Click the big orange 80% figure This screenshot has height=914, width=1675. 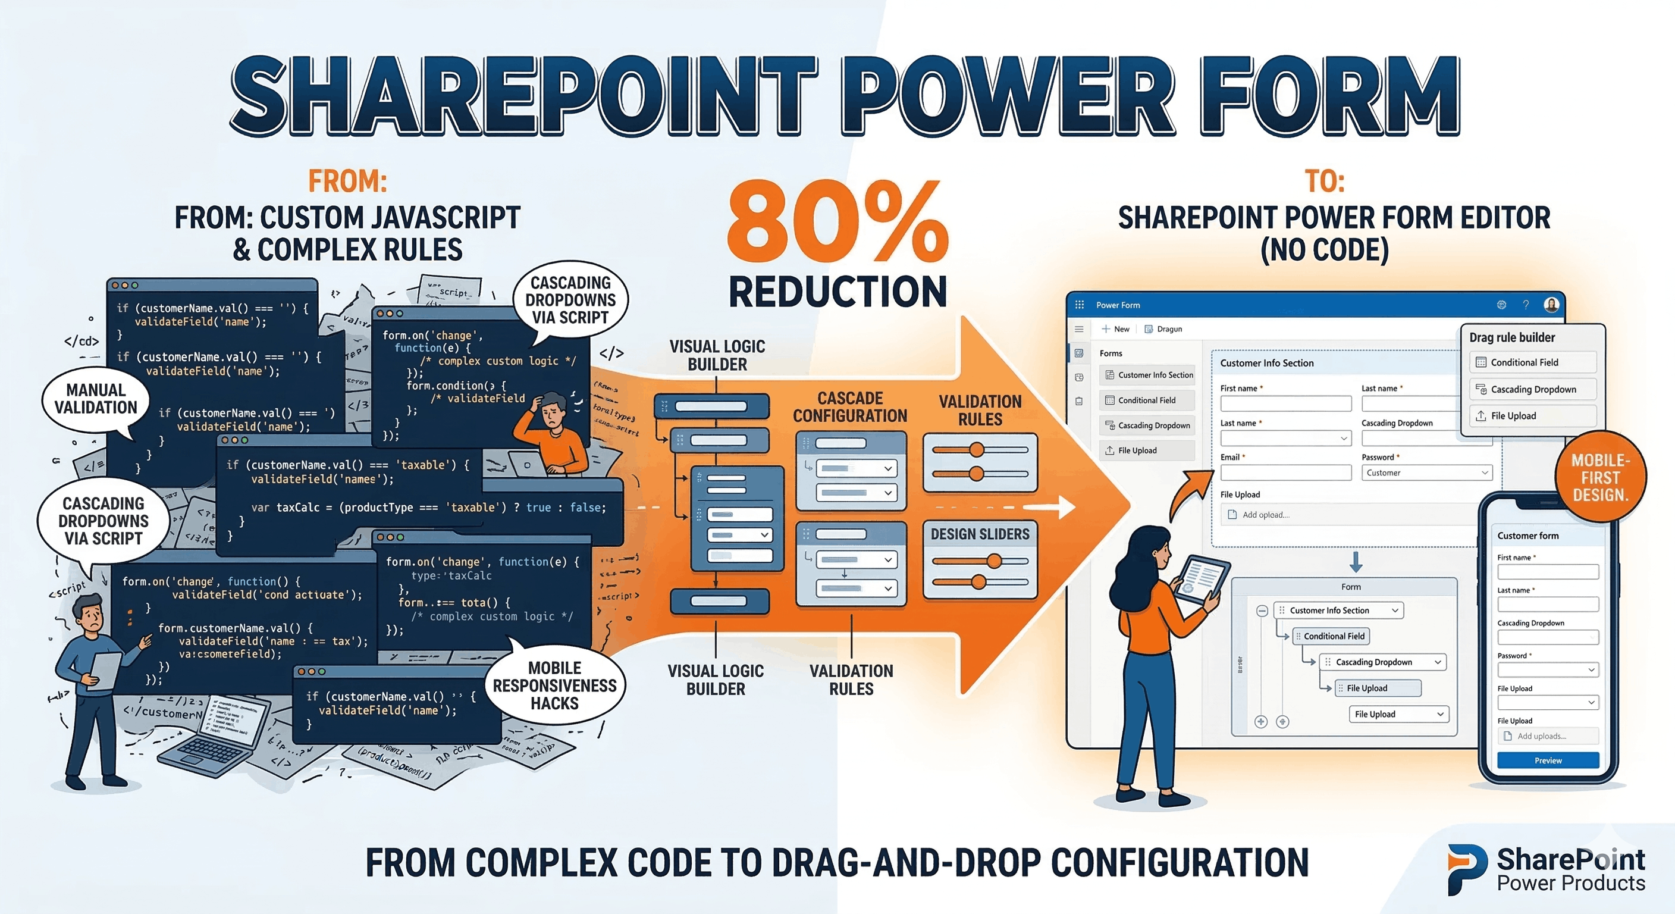[x=837, y=223]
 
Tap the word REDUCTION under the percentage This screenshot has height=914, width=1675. [x=837, y=292]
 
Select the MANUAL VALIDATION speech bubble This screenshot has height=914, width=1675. [x=96, y=399]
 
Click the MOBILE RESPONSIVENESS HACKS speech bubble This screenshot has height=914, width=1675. [x=554, y=685]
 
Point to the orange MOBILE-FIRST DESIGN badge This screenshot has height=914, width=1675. [x=1600, y=477]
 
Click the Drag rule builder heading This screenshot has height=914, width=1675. [x=1512, y=337]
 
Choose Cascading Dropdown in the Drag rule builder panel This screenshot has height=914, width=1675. [x=1533, y=389]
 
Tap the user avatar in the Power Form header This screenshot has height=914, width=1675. [x=1551, y=305]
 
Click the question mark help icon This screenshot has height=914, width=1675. [x=1526, y=305]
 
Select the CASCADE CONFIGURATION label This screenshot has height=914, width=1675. [x=850, y=406]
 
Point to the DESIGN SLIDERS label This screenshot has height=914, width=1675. [x=980, y=534]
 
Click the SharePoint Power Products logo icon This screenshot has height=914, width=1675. [x=1466, y=868]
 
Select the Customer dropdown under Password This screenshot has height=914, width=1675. [x=1426, y=473]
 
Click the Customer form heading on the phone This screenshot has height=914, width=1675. [x=1527, y=536]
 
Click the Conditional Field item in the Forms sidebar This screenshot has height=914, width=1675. [x=1146, y=400]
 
